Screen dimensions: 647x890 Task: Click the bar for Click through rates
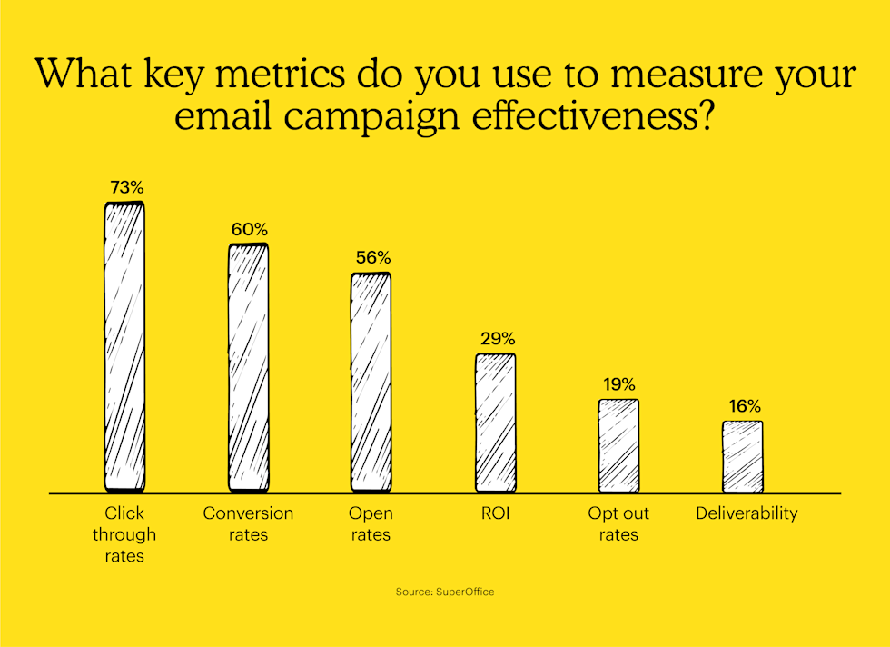tap(124, 346)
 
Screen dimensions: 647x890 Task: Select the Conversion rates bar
tap(248, 368)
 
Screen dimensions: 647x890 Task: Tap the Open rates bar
tap(371, 382)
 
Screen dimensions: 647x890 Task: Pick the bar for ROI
tap(495, 423)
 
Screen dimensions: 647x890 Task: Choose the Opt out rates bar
tap(618, 445)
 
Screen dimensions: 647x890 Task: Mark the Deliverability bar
tap(742, 456)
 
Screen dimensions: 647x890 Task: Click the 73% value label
tap(126, 188)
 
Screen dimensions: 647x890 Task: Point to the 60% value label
tap(249, 230)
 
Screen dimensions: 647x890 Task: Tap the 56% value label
tap(372, 258)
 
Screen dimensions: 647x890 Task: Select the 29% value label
tap(497, 338)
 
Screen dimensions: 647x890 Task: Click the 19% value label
tap(618, 384)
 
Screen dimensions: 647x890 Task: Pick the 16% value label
tap(743, 406)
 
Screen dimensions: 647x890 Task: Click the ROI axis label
tap(496, 513)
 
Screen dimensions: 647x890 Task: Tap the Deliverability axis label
tap(747, 513)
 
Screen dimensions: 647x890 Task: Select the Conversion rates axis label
tap(248, 523)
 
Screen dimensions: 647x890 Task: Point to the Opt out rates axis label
tap(618, 523)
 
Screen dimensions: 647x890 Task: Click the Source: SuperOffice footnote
tap(445, 592)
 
